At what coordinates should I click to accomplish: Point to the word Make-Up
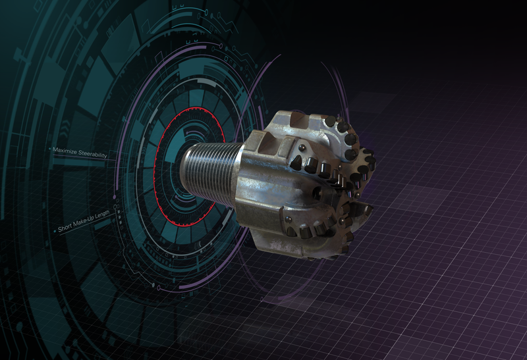[82, 228]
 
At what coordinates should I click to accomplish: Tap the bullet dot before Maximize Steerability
[51, 149]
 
